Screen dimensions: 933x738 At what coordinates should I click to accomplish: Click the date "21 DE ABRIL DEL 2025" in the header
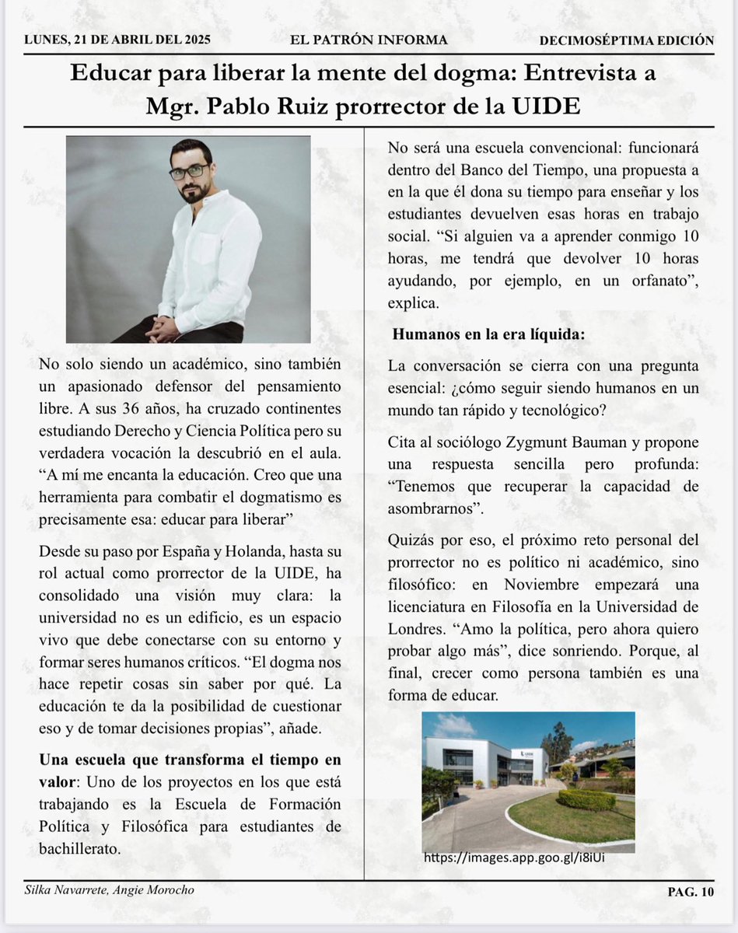(x=145, y=40)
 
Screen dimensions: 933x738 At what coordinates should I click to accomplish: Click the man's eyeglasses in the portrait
(x=188, y=172)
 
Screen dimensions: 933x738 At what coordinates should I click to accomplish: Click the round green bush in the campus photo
(x=586, y=799)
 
